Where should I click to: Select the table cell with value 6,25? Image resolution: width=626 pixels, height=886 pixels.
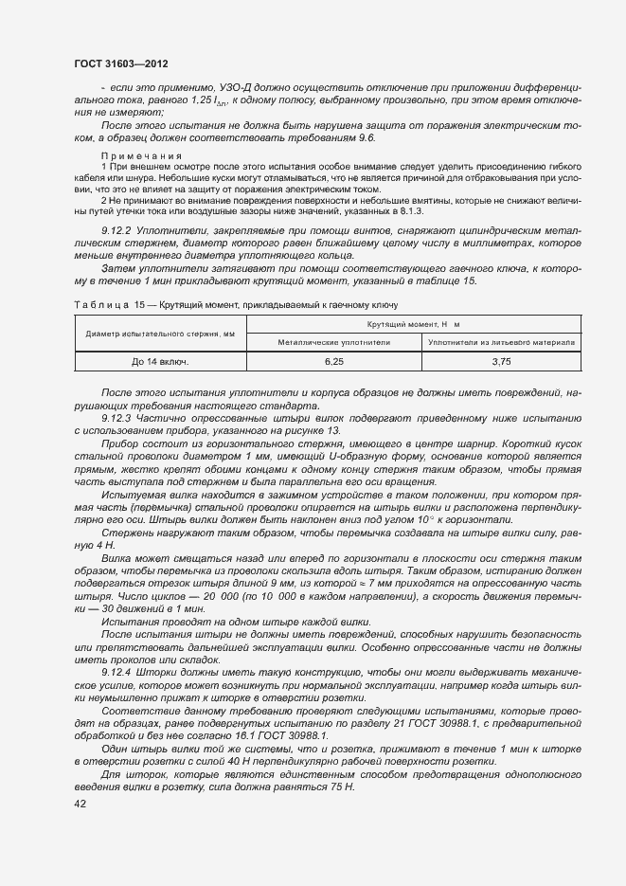tap(333, 362)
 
